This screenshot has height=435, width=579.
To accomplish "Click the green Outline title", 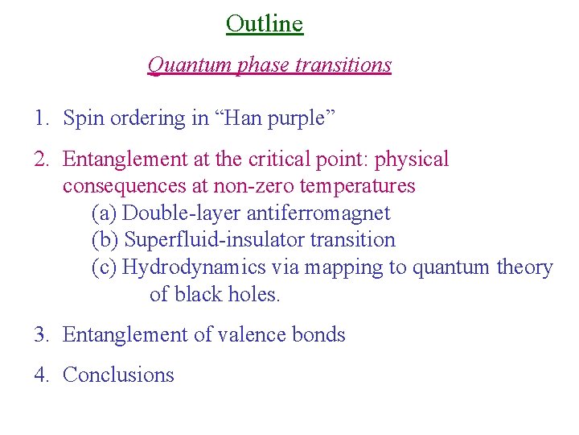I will coord(265,23).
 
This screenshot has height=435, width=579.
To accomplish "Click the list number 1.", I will coord(39,118).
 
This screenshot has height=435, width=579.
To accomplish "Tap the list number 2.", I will coord(39,159).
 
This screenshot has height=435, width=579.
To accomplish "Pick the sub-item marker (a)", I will coord(105,213).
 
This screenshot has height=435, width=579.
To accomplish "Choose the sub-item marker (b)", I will coord(105,240).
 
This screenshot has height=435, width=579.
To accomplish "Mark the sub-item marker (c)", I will coord(105,267).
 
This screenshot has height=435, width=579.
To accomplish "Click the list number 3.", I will coord(39,334).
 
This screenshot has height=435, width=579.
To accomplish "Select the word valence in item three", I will coord(248,334).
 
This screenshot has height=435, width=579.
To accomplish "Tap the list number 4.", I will coord(39,375).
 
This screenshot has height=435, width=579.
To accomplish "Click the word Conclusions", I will coord(118,375).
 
